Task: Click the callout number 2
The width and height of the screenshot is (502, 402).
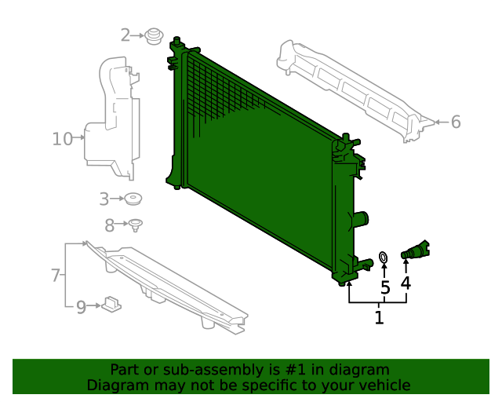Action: (125, 35)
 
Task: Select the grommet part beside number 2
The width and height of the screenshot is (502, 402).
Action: (154, 36)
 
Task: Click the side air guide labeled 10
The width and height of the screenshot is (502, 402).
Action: (111, 118)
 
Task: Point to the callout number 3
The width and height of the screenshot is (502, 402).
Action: (104, 199)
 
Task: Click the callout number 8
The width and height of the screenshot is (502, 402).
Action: (110, 225)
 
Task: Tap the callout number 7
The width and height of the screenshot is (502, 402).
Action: (56, 275)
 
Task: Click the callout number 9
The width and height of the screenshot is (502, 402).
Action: (81, 307)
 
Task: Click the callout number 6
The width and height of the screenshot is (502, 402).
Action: (456, 122)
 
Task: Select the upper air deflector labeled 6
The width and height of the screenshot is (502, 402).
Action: (353, 86)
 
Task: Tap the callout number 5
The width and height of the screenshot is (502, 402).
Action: (385, 287)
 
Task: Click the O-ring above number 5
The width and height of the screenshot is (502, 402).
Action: (384, 257)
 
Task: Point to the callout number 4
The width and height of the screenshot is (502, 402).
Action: (406, 283)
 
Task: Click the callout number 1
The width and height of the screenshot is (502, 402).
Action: (379, 318)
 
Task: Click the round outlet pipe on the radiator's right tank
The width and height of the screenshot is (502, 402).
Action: (360, 220)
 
